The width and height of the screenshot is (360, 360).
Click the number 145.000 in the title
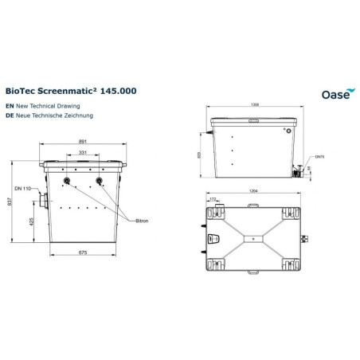point(118,92)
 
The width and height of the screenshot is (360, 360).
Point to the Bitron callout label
point(142,220)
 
